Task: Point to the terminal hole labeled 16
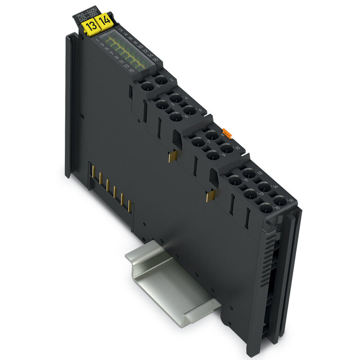279,200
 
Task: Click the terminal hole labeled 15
266,209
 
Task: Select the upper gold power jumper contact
173,155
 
